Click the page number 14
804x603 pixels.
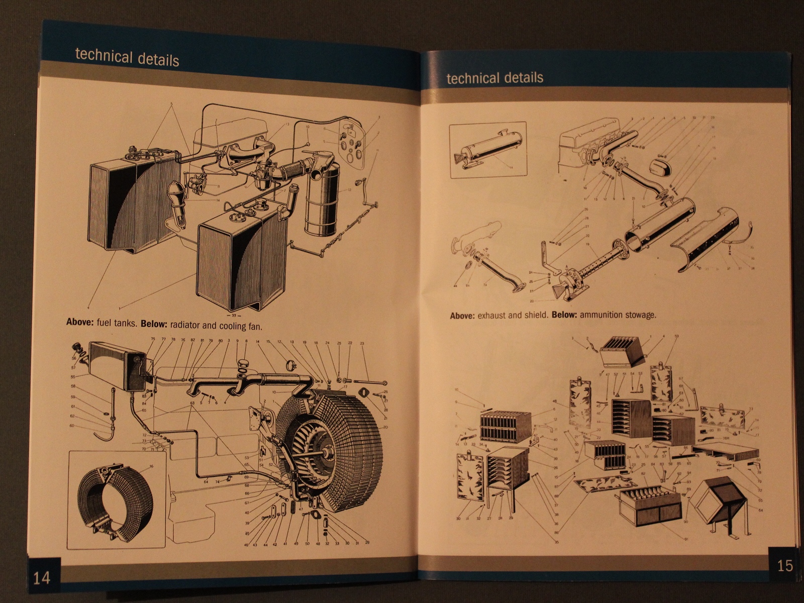click(x=42, y=577)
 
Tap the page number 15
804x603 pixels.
click(x=785, y=566)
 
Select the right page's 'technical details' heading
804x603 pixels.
click(x=494, y=78)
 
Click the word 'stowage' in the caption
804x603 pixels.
click(x=640, y=315)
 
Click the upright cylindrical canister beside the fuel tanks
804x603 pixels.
click(x=322, y=201)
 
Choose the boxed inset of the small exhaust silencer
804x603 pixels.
click(x=488, y=150)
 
